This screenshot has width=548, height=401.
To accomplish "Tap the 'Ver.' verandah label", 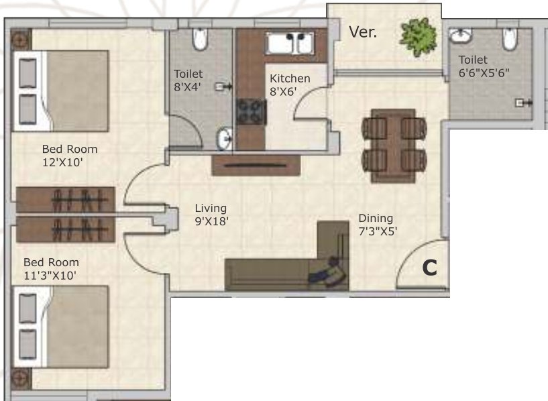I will pyautogui.click(x=362, y=32).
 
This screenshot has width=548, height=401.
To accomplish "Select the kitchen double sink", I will pyautogui.click(x=294, y=44).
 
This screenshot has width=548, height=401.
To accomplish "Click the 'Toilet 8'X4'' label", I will pyautogui.click(x=188, y=79).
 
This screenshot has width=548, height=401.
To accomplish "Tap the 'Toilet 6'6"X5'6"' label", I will pyautogui.click(x=479, y=66).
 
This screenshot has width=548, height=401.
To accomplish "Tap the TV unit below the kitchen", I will pyautogui.click(x=251, y=165).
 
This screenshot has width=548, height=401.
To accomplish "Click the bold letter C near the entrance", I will pyautogui.click(x=429, y=268).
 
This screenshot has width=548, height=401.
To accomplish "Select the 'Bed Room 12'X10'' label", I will pyautogui.click(x=69, y=155).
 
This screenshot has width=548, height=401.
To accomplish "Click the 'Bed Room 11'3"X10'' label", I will pyautogui.click(x=51, y=268).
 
